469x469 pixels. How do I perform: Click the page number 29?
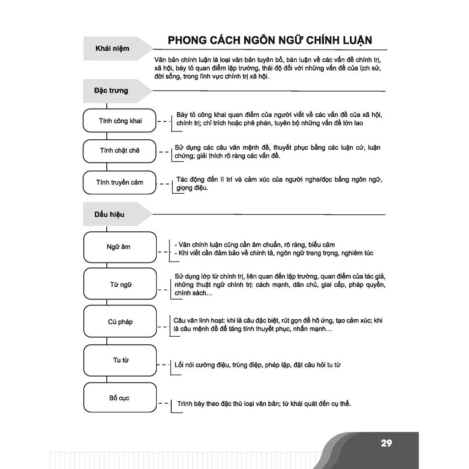[x=386, y=443]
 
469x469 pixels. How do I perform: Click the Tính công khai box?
[x=120, y=121]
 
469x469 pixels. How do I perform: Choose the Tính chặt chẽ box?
[x=120, y=151]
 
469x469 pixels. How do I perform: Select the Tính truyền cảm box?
[x=120, y=182]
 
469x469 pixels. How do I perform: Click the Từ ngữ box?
[x=120, y=284]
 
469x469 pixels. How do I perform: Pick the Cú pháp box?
[x=120, y=322]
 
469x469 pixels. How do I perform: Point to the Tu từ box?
[x=120, y=360]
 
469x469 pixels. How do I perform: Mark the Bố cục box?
[x=120, y=398]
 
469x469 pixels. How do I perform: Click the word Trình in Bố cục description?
[x=185, y=404]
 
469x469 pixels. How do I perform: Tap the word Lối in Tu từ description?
[x=179, y=365]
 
